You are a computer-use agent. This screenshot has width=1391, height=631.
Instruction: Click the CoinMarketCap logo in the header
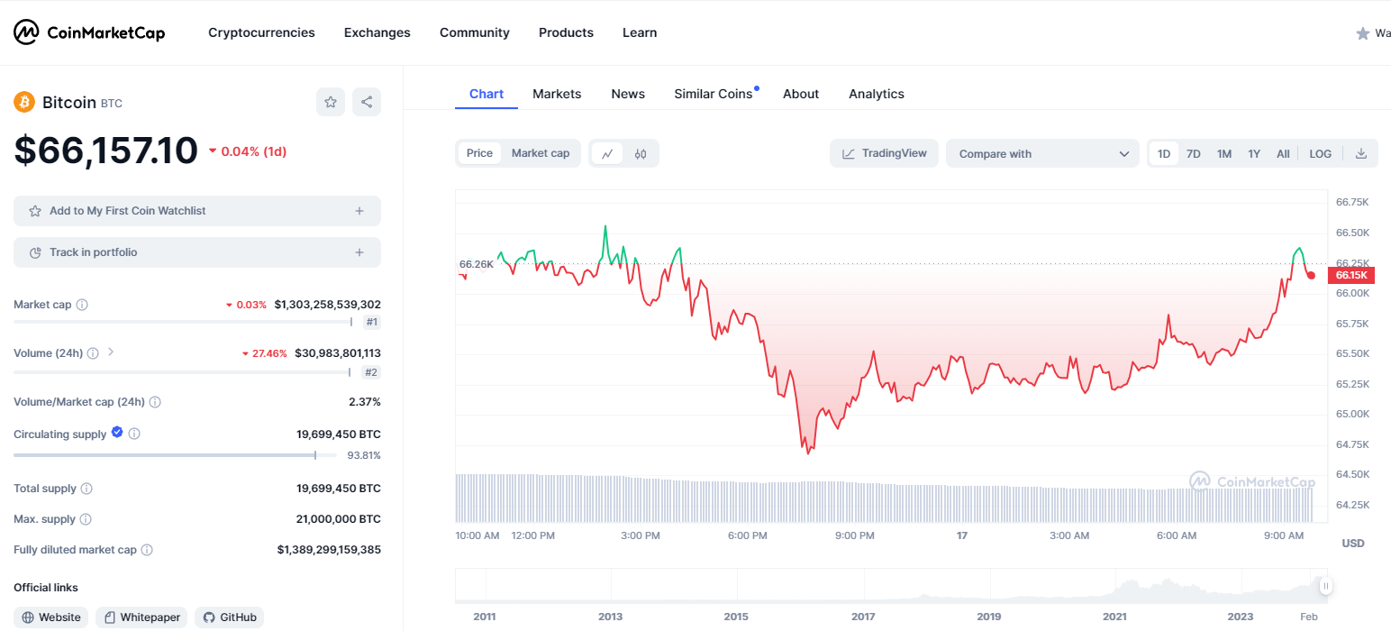pos(89,32)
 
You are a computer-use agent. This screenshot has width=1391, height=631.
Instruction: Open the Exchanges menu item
pos(377,32)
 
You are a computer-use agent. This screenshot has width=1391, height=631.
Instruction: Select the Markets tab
pos(557,94)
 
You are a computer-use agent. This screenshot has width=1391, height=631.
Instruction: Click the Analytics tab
pos(877,94)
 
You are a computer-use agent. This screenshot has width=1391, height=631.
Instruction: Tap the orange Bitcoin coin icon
pos(24,102)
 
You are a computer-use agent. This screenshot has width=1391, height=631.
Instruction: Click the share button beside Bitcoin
pos(367,102)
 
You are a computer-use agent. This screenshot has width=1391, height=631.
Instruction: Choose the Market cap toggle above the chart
pos(541,152)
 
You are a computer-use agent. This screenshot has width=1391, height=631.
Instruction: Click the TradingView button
pos(884,153)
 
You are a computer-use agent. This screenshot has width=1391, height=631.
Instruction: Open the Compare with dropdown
pos(1042,153)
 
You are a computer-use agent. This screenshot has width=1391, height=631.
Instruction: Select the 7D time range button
pos(1193,153)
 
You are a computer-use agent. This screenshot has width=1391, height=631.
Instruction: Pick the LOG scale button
pos(1320,153)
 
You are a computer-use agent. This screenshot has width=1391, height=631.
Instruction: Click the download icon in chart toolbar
pos(1360,153)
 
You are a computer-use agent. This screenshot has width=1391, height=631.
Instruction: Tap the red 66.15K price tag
pos(1350,275)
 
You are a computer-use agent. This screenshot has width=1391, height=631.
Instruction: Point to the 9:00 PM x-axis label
pos(854,535)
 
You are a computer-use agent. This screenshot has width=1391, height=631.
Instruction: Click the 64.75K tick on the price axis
pos(1352,444)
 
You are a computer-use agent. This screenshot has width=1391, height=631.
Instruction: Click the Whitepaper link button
pos(141,617)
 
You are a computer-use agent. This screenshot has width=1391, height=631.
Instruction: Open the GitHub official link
pos(229,617)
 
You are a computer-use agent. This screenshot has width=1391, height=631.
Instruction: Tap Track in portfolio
pos(197,252)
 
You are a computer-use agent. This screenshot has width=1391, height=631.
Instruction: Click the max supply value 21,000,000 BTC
pos(339,518)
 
